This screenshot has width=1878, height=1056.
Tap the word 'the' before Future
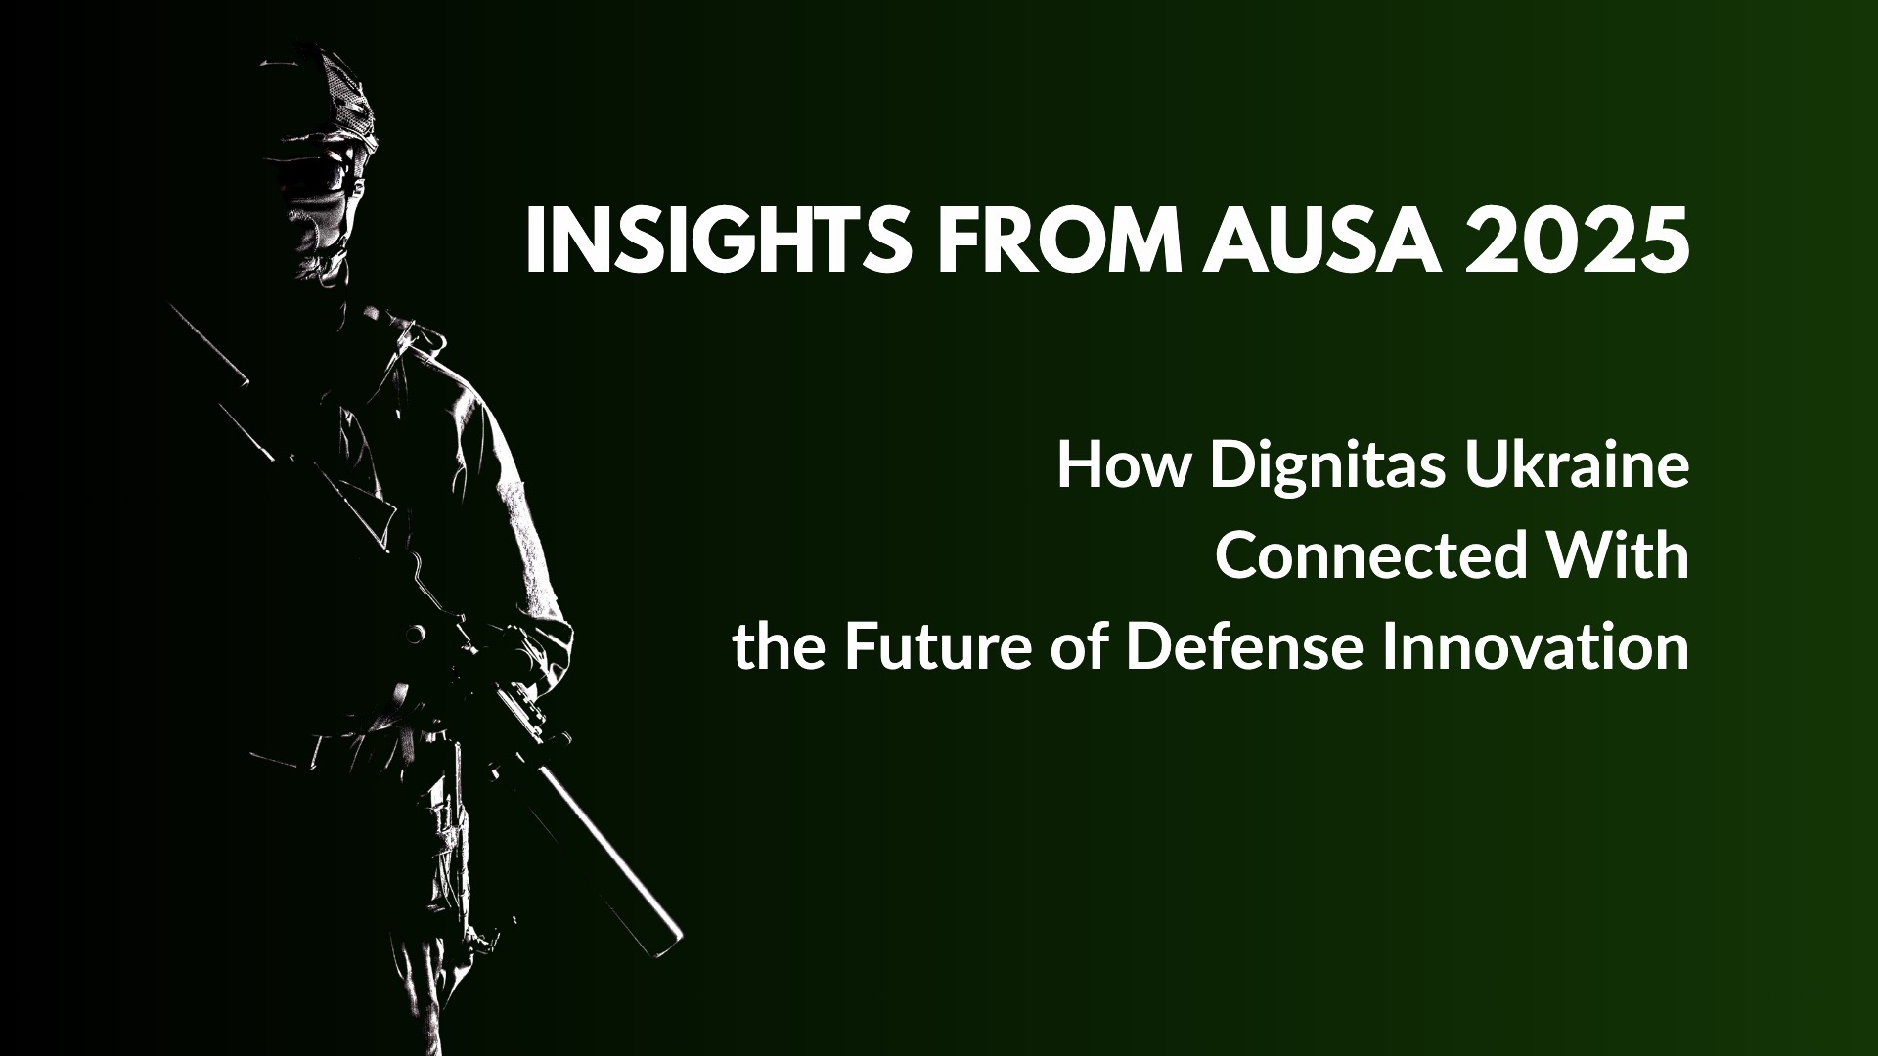coord(778,647)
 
